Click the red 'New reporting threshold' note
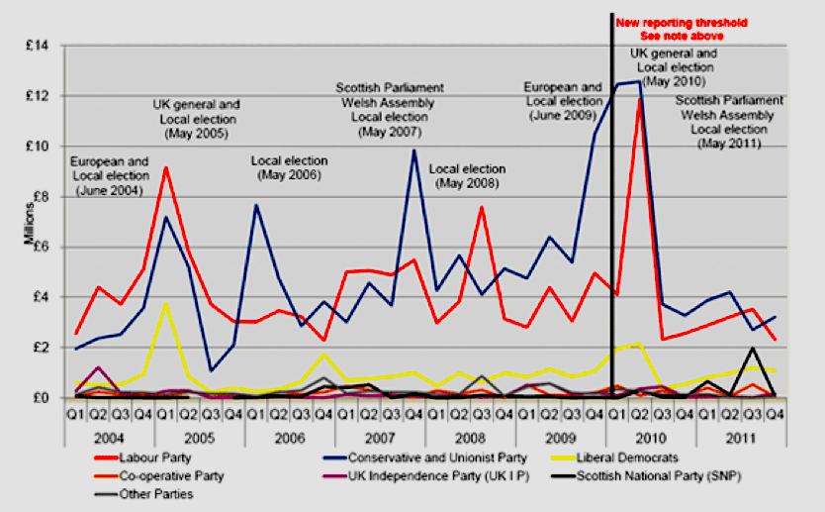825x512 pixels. click(x=683, y=28)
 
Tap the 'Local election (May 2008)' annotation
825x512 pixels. click(x=467, y=175)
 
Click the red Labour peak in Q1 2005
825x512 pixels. click(x=166, y=167)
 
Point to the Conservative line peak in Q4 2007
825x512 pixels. click(x=414, y=150)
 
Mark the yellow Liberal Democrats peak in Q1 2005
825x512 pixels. click(x=166, y=303)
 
